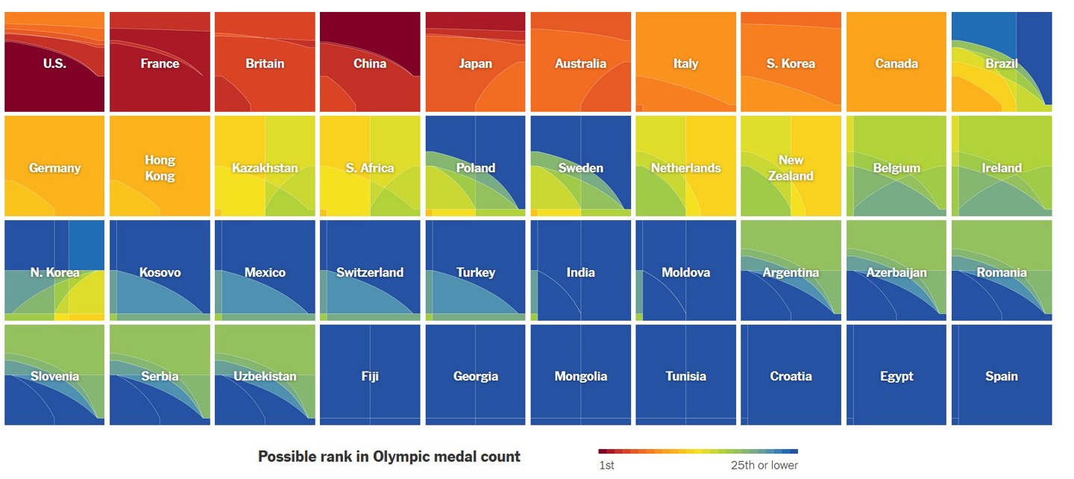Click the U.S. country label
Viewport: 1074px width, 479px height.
coord(54,63)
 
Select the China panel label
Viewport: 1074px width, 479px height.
coord(370,63)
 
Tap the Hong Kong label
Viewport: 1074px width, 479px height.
coord(160,168)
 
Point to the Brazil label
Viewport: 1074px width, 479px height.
coord(1001,63)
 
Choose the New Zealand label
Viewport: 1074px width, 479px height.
coord(791,168)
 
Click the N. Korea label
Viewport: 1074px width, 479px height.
coord(54,272)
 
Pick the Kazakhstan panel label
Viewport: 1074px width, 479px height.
coord(265,168)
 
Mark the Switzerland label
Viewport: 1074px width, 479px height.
coord(370,272)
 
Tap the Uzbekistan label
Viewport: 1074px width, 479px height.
coord(265,376)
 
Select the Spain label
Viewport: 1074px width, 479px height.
coord(1001,376)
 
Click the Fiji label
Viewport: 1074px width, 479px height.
coord(370,376)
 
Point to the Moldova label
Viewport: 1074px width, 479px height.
coord(685,272)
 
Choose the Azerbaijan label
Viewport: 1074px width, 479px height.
coord(896,272)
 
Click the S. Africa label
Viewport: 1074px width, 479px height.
coord(370,168)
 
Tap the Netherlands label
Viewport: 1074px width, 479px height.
coord(685,168)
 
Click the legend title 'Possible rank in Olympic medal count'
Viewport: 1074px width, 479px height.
coord(389,457)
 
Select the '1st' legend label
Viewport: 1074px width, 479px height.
coord(606,466)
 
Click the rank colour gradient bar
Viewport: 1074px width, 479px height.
coord(697,451)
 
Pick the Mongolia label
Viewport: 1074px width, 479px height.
coord(580,376)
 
